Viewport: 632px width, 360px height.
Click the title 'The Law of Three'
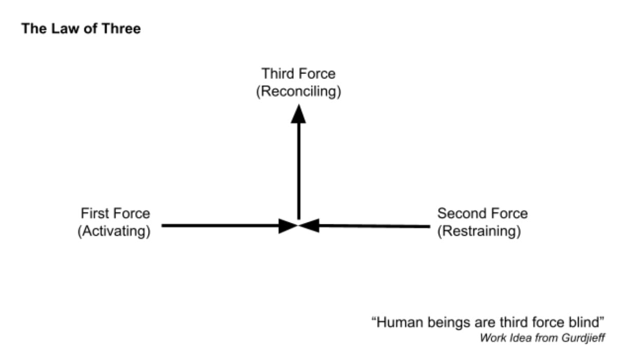tap(81, 29)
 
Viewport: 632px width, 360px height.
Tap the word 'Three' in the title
tap(122, 29)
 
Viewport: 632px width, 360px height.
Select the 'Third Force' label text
tap(298, 74)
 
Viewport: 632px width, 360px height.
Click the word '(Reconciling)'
tap(298, 92)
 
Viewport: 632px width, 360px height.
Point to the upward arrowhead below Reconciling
tap(298, 113)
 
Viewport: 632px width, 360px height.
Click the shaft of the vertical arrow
tap(298, 169)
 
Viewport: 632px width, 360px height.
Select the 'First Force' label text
tap(115, 213)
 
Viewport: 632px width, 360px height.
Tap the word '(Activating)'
tap(114, 231)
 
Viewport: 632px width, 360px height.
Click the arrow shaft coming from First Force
tap(221, 225)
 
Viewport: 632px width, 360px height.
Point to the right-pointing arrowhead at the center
tap(288, 225)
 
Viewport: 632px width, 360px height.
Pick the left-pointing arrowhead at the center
tap(309, 225)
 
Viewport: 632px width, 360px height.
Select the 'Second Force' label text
tap(482, 213)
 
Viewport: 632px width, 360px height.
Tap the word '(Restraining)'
tap(479, 231)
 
